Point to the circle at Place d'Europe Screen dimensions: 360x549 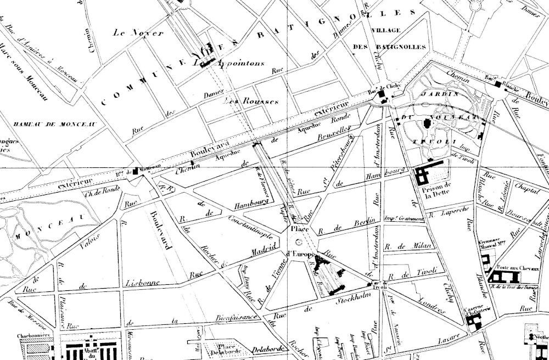coord(299,241)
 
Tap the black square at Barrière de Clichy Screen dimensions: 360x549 coord(382,97)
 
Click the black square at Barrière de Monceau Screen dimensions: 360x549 coord(136,172)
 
